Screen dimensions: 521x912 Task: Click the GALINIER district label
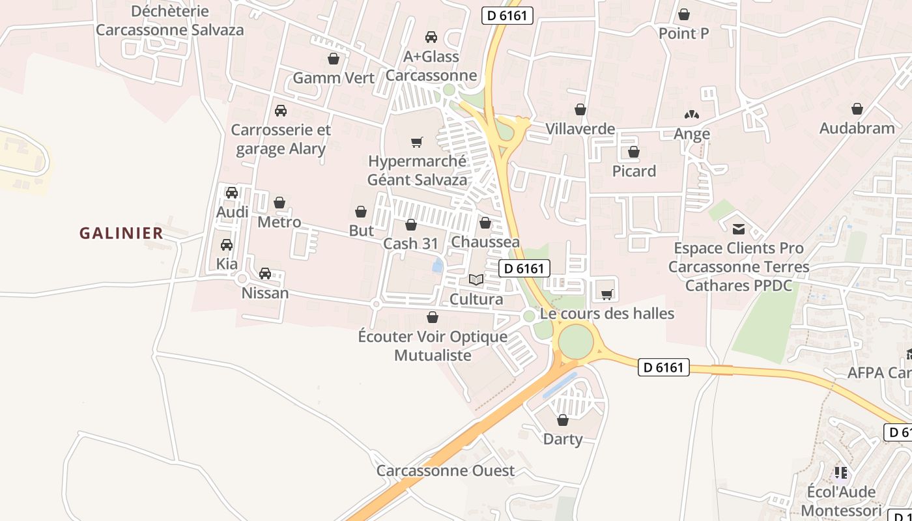pos(121,233)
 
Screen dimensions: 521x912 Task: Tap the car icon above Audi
pos(232,193)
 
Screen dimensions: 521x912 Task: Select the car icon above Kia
pos(227,245)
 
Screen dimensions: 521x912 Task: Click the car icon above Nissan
pos(265,274)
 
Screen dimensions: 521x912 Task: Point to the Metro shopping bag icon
pos(279,203)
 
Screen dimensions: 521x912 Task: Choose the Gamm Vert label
pos(334,78)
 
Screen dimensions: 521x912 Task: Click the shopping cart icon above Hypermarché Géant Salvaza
pos(417,142)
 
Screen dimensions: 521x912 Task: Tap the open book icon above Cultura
pos(476,280)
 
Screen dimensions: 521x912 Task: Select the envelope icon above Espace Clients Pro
pos(739,229)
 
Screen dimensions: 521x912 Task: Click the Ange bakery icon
pos(692,115)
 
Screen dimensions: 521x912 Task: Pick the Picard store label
pos(634,171)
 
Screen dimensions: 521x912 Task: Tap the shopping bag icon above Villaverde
pos(580,109)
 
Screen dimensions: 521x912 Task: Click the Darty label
pos(563,439)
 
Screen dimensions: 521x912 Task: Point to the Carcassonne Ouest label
pos(446,470)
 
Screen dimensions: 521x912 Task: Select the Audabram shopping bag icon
pos(857,109)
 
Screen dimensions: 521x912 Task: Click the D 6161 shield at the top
pos(507,16)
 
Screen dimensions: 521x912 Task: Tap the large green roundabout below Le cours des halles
pos(576,341)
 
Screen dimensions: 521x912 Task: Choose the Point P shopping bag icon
pos(684,14)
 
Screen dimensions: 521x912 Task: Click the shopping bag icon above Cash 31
pos(411,225)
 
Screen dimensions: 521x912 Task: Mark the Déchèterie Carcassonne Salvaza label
pos(170,20)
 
